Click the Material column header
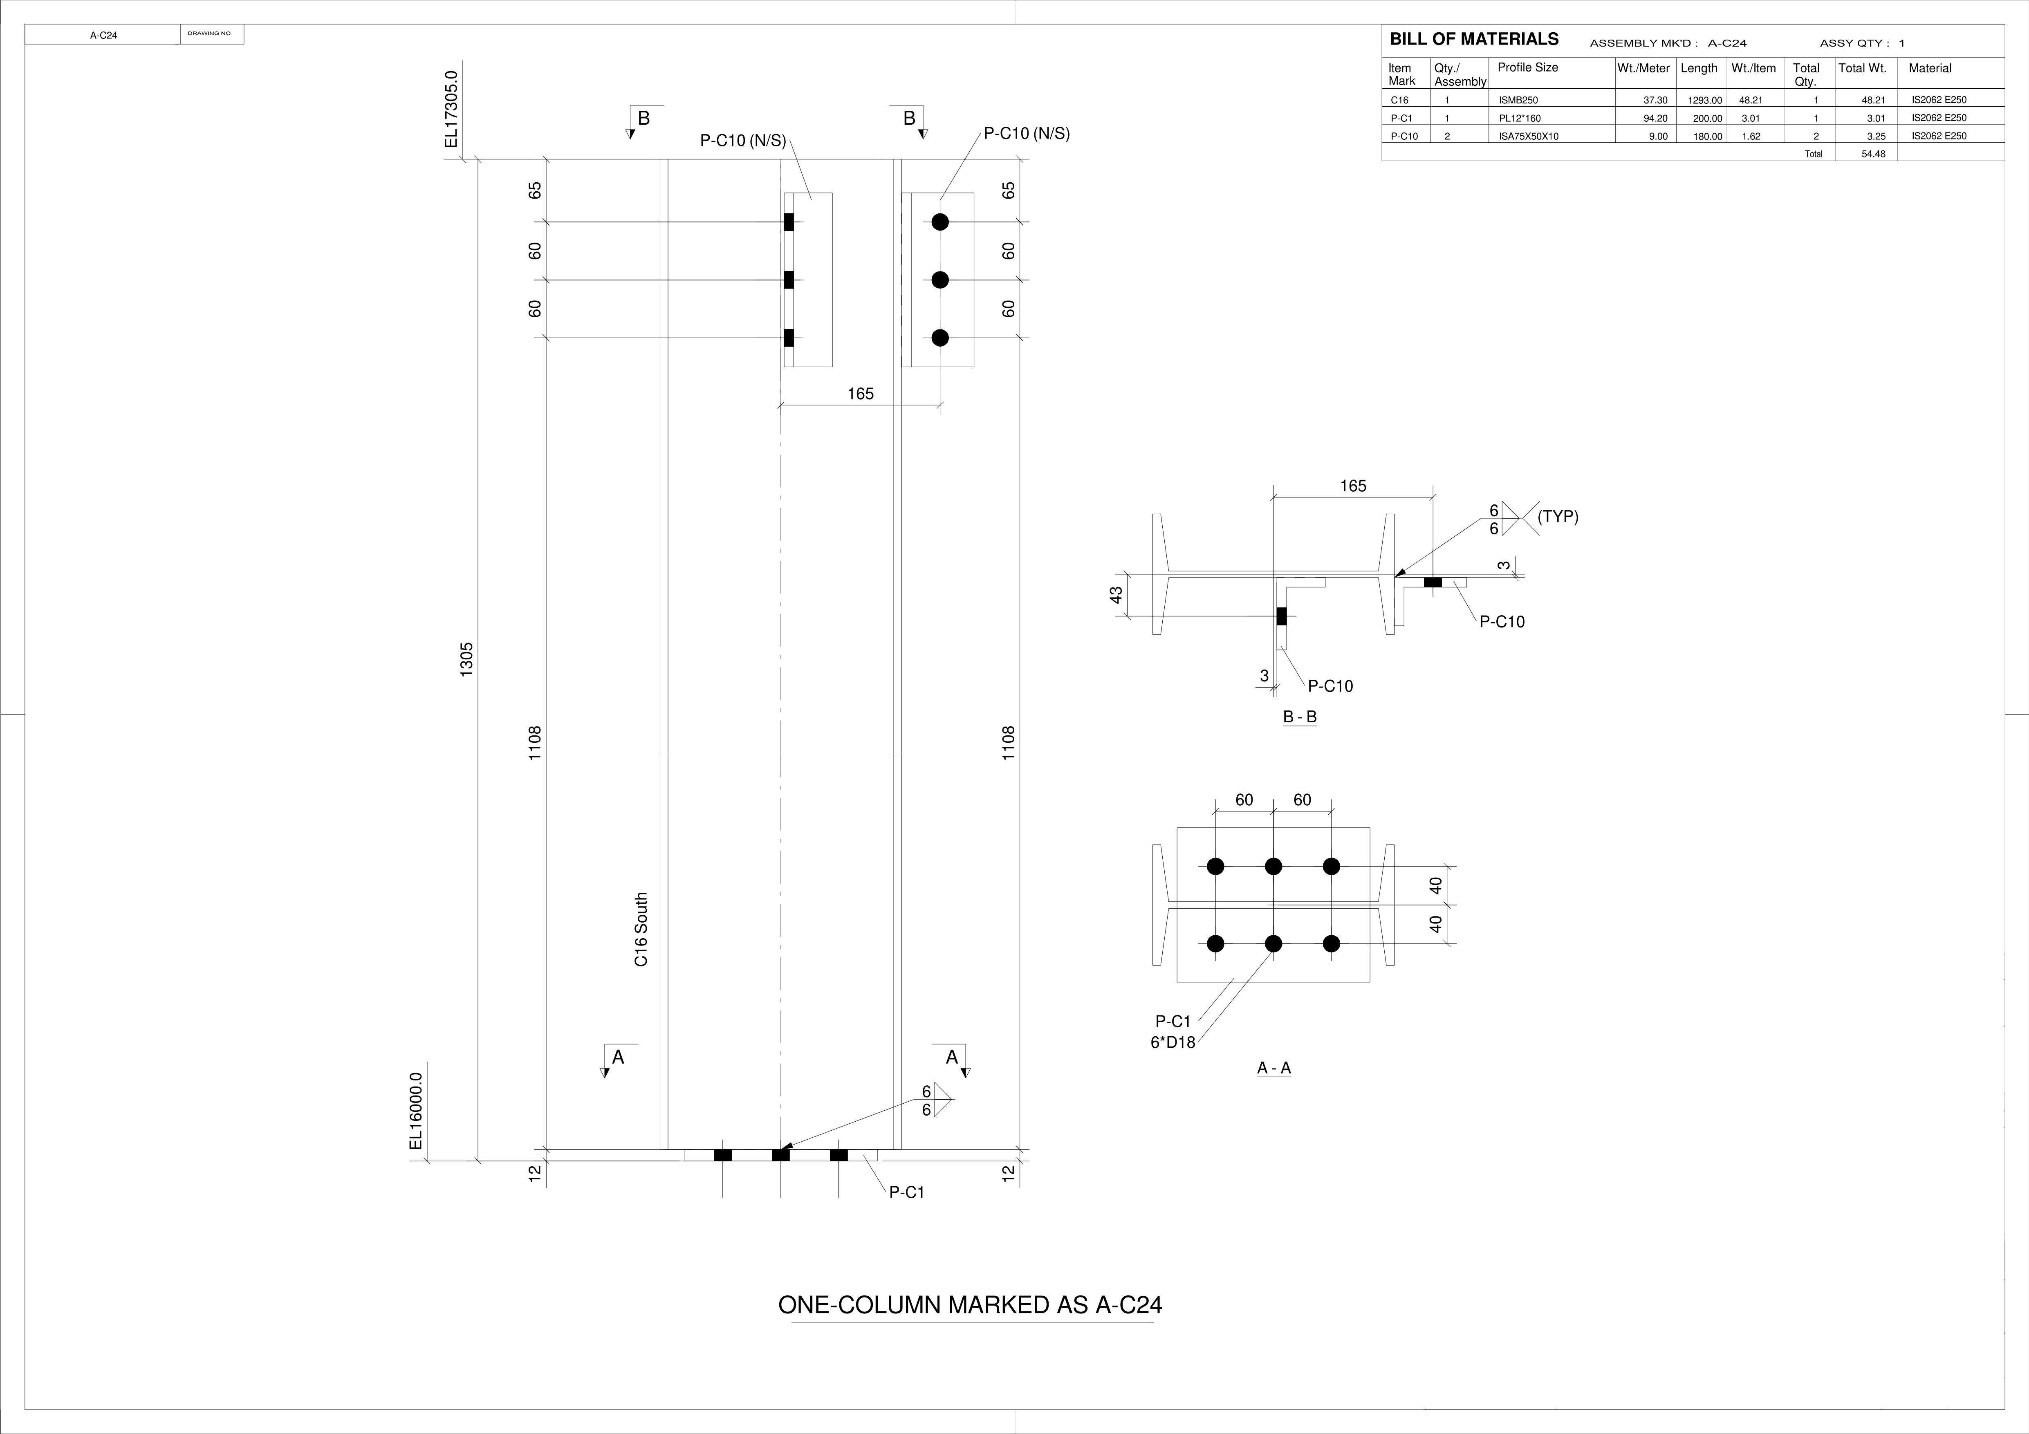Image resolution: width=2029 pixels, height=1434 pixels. (1930, 68)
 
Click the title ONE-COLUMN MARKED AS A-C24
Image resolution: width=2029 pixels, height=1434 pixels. (969, 1305)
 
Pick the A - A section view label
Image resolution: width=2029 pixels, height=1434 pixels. (1273, 1068)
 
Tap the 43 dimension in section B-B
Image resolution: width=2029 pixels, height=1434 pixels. (1116, 596)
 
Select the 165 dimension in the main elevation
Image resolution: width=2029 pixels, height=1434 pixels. (860, 394)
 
